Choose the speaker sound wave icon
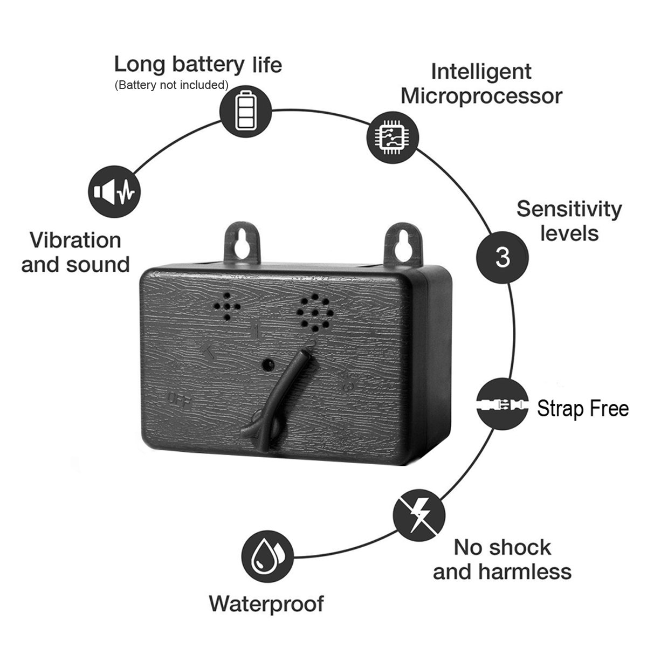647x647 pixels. (114, 191)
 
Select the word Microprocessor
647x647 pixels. (481, 96)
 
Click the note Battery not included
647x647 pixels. (171, 85)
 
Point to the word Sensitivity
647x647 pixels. (569, 209)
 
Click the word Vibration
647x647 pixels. (75, 240)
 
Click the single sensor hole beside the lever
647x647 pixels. (267, 366)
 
